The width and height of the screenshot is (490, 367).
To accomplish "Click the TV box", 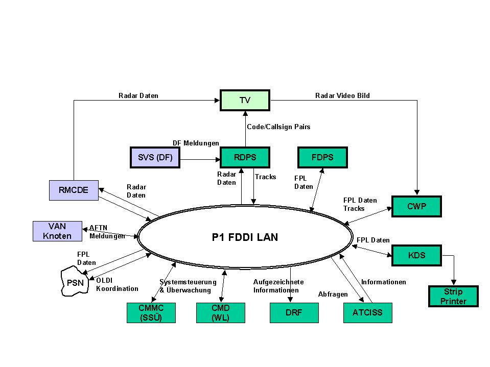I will [x=245, y=100].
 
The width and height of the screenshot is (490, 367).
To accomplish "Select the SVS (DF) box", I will [x=155, y=158].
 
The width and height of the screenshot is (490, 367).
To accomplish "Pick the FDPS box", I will [x=322, y=158].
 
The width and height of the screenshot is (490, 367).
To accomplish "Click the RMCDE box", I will [x=73, y=190].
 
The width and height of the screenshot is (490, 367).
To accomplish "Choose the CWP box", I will [x=416, y=207].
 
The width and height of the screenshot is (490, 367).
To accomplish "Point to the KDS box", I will [x=416, y=255].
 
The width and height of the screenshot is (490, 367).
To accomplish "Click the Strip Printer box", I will [x=453, y=297].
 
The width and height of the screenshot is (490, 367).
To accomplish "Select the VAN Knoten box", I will [x=57, y=231].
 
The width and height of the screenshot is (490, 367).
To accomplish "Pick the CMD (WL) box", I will [x=220, y=313].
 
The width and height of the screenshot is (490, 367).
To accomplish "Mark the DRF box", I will [x=294, y=313].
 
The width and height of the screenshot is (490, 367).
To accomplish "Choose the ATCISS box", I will [x=367, y=313].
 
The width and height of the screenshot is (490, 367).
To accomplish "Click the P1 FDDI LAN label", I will [x=245, y=237].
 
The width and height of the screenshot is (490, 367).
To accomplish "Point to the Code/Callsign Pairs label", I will [x=278, y=127].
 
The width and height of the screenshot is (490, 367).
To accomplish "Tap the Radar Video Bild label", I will [x=342, y=95].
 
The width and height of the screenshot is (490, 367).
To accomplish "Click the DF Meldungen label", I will [x=196, y=143].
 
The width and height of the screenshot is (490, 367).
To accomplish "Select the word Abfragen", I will [x=333, y=295].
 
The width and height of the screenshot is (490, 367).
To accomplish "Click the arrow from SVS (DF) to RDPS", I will [x=200, y=160].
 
